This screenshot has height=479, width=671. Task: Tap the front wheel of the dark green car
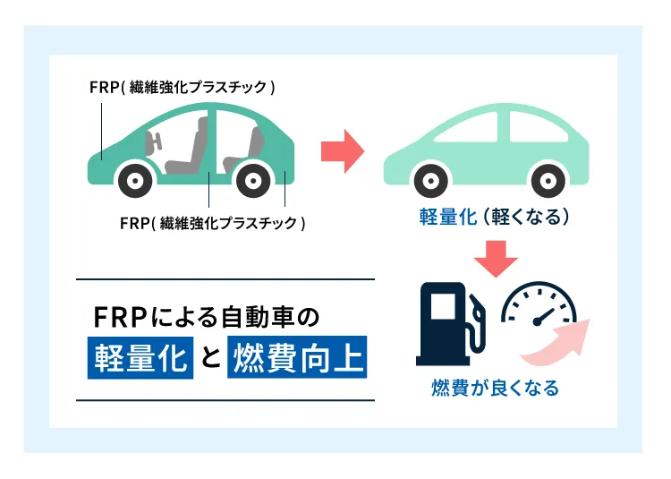pos(135,180)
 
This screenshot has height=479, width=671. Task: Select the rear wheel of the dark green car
pos(253,180)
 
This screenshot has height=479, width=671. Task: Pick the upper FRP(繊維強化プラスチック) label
pos(182,88)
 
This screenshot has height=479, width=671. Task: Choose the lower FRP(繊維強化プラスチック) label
pos(213,222)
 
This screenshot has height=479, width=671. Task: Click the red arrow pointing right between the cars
pos(342,150)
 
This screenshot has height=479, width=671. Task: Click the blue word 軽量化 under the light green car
pos(447,218)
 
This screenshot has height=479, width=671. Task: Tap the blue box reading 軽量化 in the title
pos(140,357)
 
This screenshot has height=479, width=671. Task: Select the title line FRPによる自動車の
pos(206,317)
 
